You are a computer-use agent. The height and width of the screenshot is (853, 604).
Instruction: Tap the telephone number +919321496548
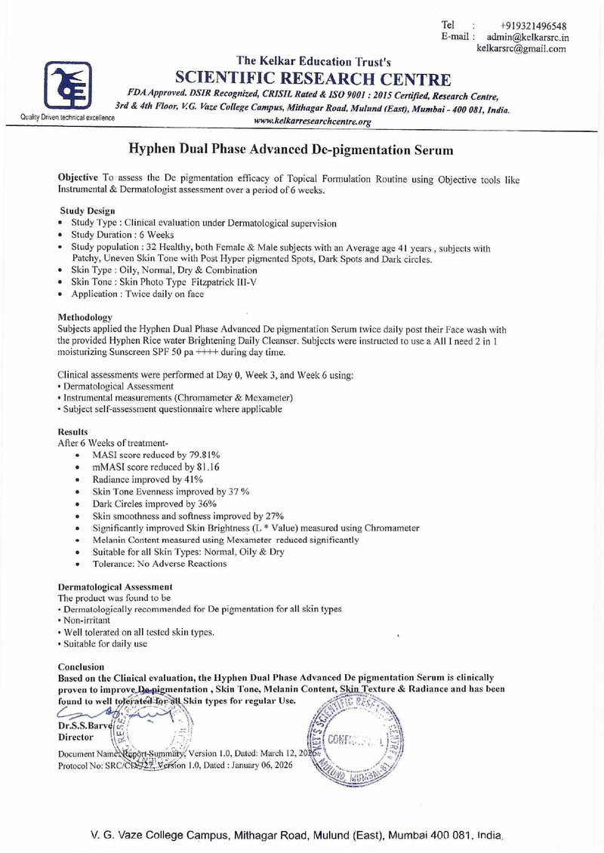tap(532, 25)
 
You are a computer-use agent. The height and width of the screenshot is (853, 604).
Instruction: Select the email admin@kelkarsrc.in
tap(528, 36)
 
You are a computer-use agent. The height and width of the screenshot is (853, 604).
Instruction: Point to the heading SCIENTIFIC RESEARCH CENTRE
tap(313, 80)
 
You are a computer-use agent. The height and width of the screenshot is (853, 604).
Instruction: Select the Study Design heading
tap(87, 211)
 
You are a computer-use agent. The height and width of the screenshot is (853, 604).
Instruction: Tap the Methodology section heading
tap(85, 317)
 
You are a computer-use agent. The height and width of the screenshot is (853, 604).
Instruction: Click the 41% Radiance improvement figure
tap(194, 479)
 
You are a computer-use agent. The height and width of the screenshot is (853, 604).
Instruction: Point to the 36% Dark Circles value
tap(207, 503)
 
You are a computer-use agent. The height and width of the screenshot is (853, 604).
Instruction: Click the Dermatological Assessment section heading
tap(115, 587)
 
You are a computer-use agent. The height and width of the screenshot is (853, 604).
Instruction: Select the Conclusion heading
tap(81, 667)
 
